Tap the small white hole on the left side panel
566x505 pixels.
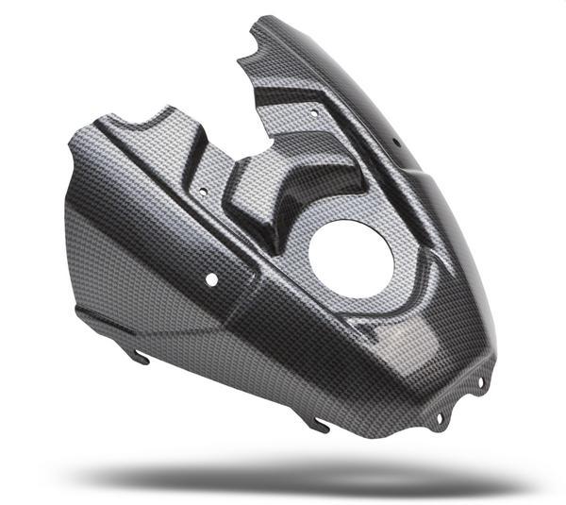click(211, 279)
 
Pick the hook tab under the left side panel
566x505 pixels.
click(140, 356)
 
